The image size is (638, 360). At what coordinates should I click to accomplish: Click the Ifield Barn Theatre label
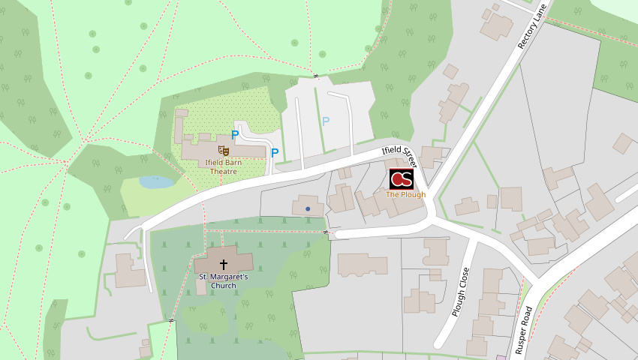(223, 166)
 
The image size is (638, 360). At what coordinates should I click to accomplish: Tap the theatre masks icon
(223, 151)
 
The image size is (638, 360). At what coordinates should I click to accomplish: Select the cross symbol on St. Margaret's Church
(223, 264)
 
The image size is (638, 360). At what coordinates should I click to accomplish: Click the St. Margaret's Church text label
(223, 280)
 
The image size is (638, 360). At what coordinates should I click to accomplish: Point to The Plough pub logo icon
(402, 179)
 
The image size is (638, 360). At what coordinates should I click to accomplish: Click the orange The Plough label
(405, 195)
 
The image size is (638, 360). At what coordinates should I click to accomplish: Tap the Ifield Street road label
(399, 155)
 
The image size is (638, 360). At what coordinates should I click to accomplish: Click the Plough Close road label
(462, 292)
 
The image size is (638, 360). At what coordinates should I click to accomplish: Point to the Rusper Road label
(525, 329)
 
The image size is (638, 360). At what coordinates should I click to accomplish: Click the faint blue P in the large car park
(326, 121)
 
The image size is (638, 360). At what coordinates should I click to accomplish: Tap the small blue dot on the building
(308, 208)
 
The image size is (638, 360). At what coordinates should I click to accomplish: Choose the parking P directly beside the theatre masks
(235, 135)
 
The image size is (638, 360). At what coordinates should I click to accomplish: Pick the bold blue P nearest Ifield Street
(275, 153)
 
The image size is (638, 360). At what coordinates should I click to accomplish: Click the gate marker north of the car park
(316, 76)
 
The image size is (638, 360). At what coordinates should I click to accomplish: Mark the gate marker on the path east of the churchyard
(327, 232)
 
